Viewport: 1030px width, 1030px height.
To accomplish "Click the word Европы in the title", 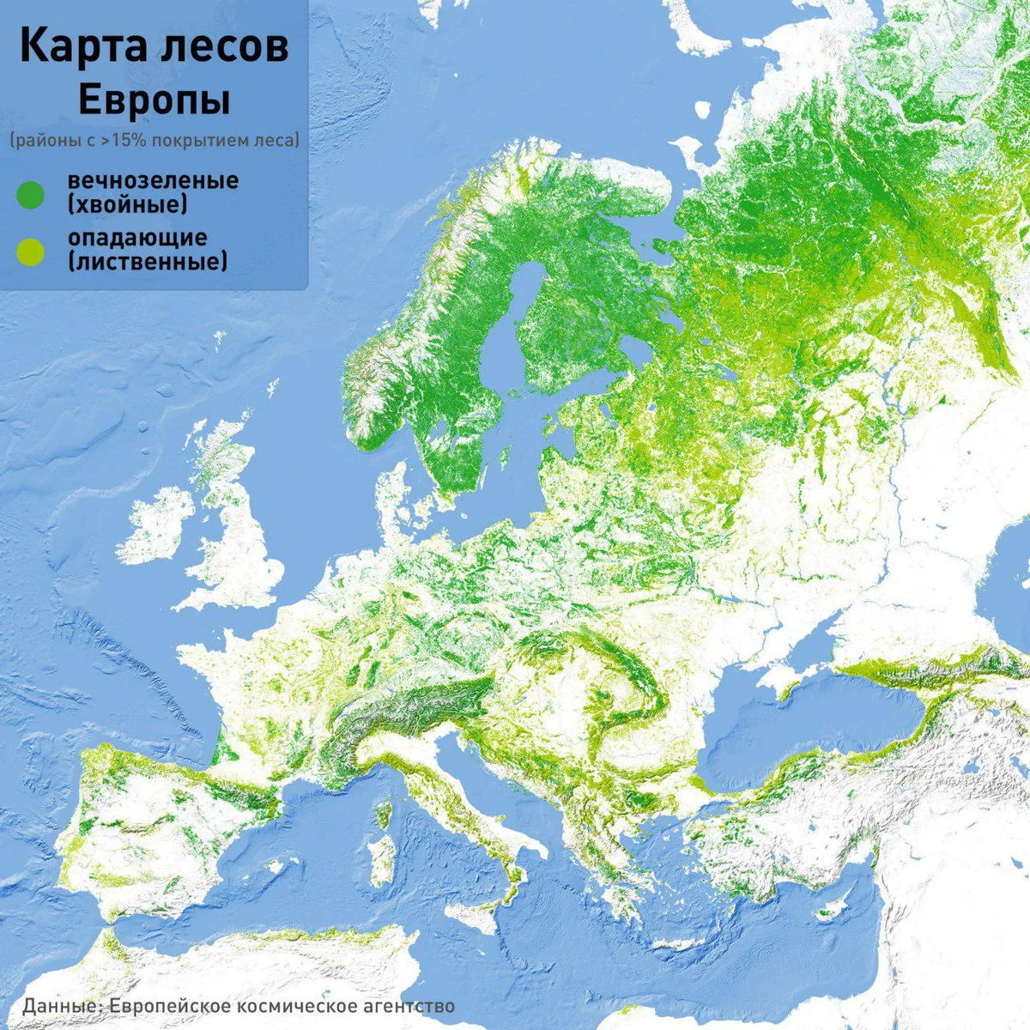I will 154,100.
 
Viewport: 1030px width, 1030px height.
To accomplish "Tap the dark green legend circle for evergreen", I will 30,194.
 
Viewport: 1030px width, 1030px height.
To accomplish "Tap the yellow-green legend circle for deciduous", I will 30,250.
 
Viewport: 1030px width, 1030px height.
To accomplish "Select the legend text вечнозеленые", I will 153,181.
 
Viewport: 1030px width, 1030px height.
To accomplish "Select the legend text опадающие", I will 137,237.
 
